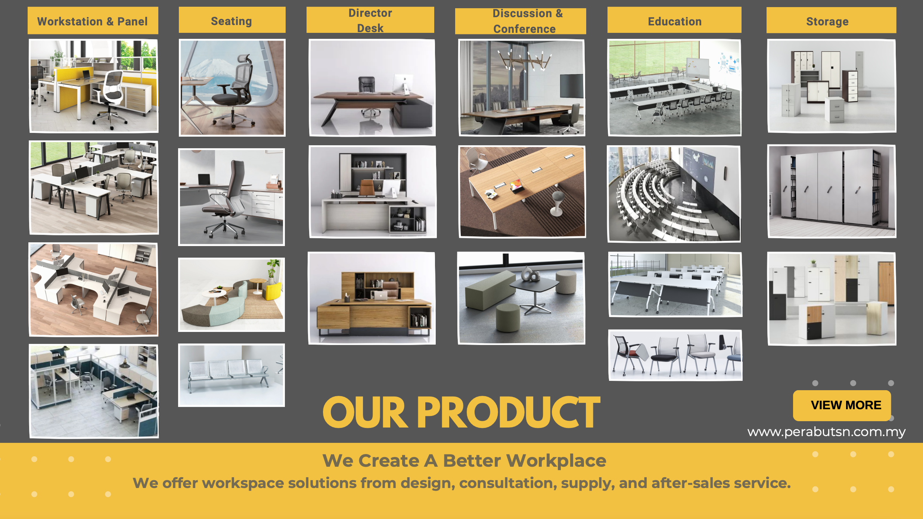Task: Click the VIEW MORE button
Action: pyautogui.click(x=842, y=405)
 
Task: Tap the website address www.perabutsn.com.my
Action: pyautogui.click(x=826, y=432)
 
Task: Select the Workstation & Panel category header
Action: pyautogui.click(x=93, y=21)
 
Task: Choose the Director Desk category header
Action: pyautogui.click(x=370, y=20)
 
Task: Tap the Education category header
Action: pyautogui.click(x=674, y=21)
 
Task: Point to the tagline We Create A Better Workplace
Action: pyautogui.click(x=464, y=460)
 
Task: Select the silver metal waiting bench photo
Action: pyautogui.click(x=231, y=375)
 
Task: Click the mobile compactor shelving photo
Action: pyautogui.click(x=832, y=191)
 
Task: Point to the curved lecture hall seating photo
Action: pyautogui.click(x=674, y=194)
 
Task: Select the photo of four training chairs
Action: pyautogui.click(x=675, y=355)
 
